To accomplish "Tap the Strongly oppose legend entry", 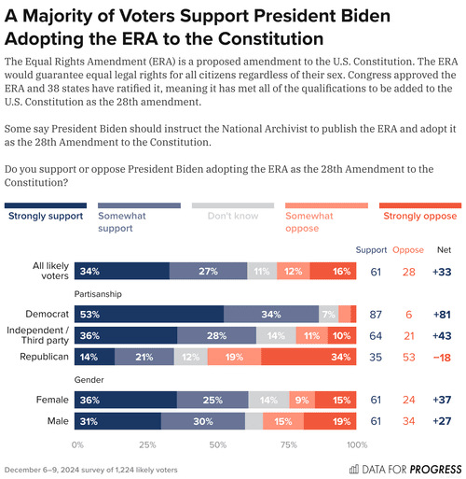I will coord(420,217).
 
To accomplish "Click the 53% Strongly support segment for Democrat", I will coord(149,314).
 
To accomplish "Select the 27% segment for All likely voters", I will coord(209,271).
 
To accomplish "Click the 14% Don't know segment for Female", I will coord(267,400).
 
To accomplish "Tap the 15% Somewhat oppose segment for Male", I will coord(282,421).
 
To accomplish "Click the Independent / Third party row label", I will coord(37,335).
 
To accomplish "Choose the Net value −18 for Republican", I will coord(444,357).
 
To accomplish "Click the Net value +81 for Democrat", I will coord(444,314).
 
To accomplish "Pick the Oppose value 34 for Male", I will coord(407,421).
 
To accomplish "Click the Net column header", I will coord(444,249).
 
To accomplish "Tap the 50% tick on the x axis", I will coord(217,444).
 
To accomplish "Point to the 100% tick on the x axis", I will coord(356,444).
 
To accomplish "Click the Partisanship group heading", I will coord(99,292).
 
